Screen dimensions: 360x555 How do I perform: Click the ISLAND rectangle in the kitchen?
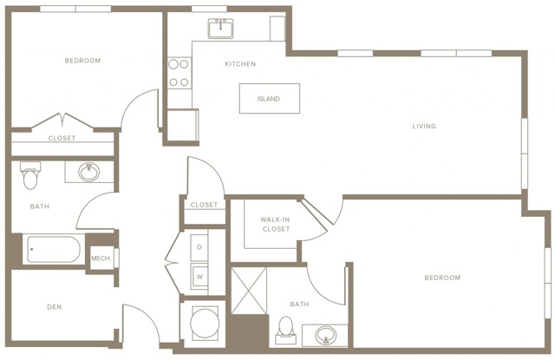[269, 99]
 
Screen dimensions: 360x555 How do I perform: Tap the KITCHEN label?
[240, 64]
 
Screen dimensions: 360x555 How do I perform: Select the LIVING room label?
[424, 127]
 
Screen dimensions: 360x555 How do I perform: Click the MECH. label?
[101, 258]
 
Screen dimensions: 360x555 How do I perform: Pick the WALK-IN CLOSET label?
[275, 225]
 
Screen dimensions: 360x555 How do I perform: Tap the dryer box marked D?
[199, 247]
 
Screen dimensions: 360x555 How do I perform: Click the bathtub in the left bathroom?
[54, 251]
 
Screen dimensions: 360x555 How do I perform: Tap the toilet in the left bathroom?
[31, 176]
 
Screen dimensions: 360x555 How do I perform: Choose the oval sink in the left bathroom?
[88, 172]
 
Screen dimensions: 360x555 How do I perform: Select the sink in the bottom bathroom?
[326, 335]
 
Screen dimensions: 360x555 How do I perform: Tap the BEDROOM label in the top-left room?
[83, 61]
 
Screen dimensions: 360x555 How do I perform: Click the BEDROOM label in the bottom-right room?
[441, 278]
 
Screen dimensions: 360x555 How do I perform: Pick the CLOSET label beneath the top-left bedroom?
[62, 138]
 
